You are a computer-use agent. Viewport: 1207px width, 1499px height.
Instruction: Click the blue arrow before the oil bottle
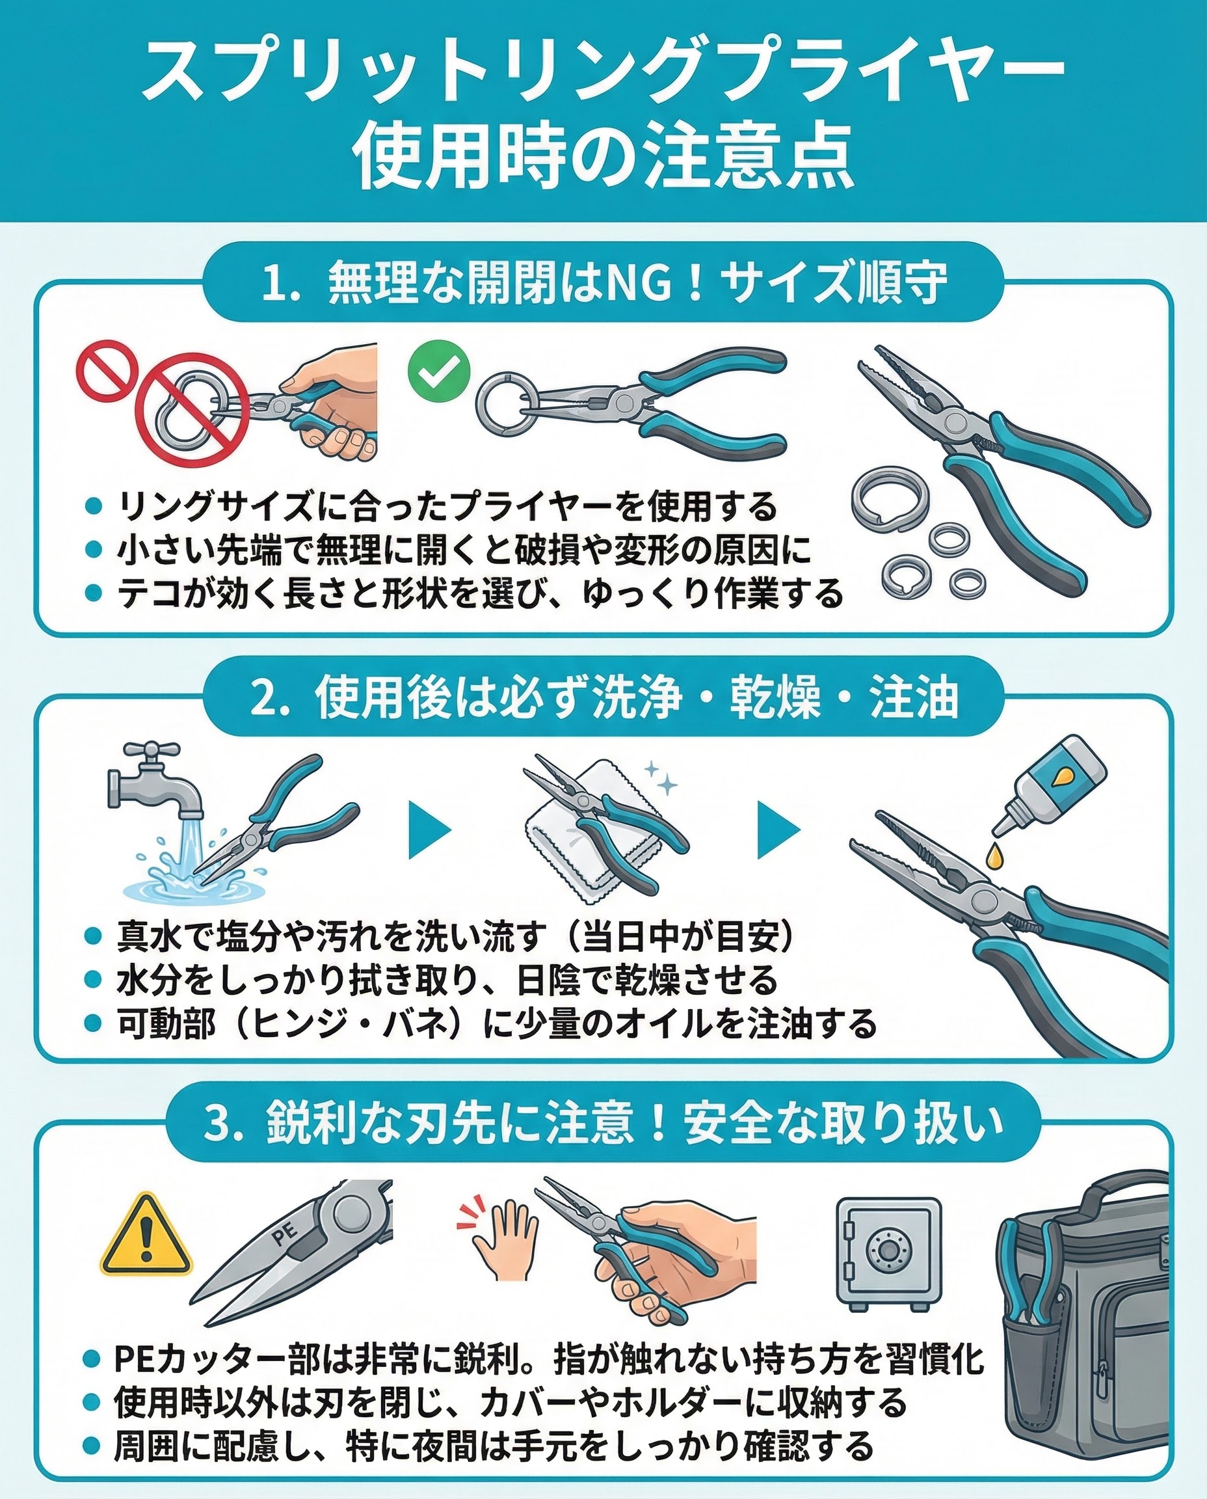778,829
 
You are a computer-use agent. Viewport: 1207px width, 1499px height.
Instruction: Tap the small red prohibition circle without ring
105,369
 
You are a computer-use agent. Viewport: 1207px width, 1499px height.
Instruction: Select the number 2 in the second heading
264,701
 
